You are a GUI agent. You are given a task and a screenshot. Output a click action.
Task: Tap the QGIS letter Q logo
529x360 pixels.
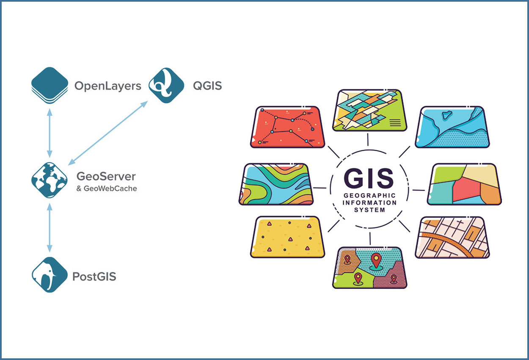pos(166,86)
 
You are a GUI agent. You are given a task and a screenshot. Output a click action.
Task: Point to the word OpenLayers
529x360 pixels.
pos(107,86)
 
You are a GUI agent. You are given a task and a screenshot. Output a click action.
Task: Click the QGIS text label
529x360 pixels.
pos(207,86)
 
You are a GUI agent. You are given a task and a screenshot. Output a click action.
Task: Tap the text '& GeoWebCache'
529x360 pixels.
pos(107,188)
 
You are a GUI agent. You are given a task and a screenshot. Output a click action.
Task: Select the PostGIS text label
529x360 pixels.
pos(94,277)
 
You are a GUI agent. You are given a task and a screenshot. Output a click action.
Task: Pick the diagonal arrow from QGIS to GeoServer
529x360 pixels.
pos(108,132)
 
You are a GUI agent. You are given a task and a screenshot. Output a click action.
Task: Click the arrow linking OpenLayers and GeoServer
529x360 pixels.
pos(50,132)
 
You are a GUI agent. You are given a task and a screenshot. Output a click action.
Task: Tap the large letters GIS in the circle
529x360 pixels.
pos(368,178)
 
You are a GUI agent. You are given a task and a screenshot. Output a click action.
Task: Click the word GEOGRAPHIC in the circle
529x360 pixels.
pos(369,196)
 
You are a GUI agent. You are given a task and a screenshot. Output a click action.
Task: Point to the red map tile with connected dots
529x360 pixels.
pos(288,127)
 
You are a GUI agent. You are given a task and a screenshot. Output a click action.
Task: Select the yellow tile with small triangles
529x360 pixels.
pos(288,237)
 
